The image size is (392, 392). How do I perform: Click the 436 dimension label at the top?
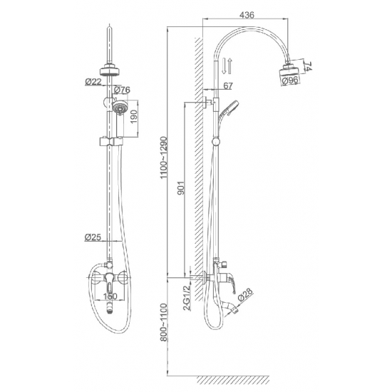click(x=247, y=15)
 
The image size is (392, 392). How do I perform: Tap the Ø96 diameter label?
click(x=290, y=81)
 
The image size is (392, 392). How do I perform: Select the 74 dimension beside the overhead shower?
click(x=308, y=66)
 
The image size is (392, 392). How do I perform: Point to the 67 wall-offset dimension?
click(x=228, y=86)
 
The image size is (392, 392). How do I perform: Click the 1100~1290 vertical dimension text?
click(x=164, y=158)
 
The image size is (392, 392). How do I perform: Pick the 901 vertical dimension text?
click(x=181, y=187)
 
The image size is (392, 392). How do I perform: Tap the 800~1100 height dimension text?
click(x=164, y=322)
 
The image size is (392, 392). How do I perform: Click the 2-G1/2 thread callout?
click(x=187, y=298)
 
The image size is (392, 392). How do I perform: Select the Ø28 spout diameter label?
click(x=245, y=295)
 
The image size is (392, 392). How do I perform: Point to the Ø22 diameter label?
click(x=93, y=81)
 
